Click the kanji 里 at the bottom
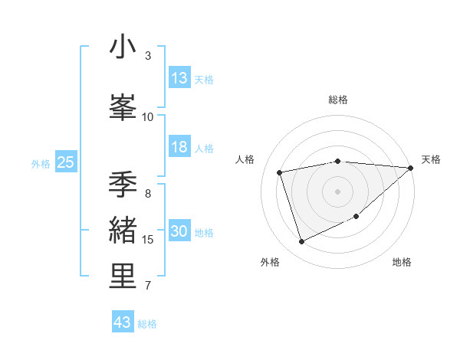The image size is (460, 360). (123, 277)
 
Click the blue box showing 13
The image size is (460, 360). (179, 78)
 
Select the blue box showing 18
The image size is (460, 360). (179, 147)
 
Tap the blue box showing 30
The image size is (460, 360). (179, 232)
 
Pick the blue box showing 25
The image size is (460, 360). (65, 162)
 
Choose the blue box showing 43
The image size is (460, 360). (123, 322)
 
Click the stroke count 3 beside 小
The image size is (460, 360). (148, 56)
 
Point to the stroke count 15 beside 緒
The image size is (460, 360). (148, 240)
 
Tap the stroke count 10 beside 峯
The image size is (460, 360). (148, 116)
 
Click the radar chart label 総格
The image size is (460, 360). (337, 100)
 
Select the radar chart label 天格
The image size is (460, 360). (431, 159)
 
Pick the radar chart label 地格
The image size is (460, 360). (402, 263)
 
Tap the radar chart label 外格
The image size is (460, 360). (270, 263)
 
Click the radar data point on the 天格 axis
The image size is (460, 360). (410, 168)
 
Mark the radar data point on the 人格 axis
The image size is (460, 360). (280, 172)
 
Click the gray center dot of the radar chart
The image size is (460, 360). (337, 191)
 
